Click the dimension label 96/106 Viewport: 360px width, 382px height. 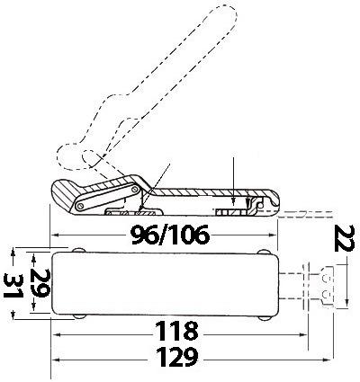170,235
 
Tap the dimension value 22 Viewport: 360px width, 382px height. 344,238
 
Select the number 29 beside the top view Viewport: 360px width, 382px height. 40,283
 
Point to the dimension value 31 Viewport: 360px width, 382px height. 13,286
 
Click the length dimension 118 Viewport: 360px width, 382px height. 176,331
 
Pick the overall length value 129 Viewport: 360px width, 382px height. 177,357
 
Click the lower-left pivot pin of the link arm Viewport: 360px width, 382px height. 80,207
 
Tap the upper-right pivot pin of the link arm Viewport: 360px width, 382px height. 134,189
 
